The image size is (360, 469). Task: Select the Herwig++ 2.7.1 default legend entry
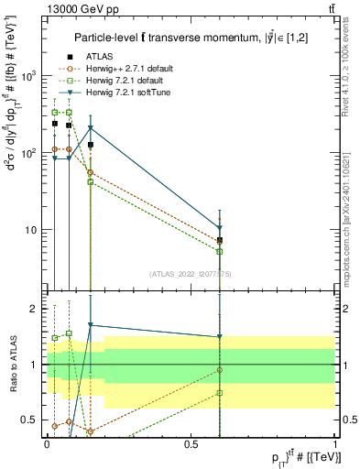(124, 69)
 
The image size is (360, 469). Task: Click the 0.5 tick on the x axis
(191, 444)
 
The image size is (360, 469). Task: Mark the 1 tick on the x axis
(334, 444)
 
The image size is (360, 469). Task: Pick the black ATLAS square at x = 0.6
(220, 240)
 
